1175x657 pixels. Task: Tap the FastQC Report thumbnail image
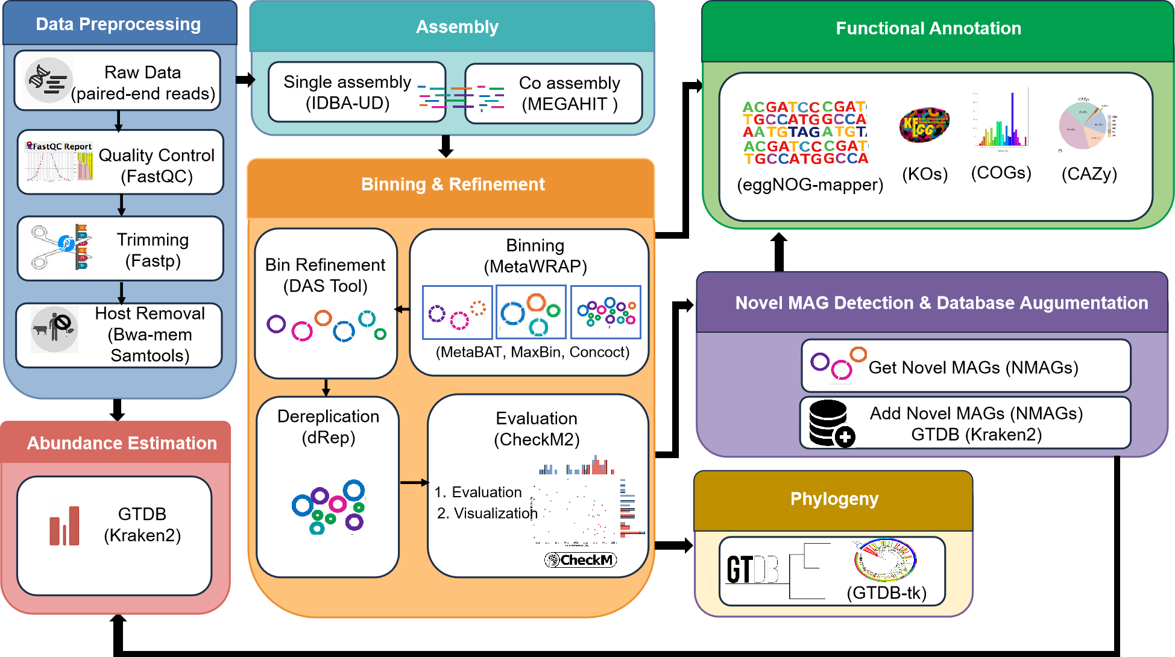pyautogui.click(x=59, y=162)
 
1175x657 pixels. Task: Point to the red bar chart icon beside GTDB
pyautogui.click(x=65, y=526)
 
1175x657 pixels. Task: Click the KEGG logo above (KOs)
pyautogui.click(x=924, y=125)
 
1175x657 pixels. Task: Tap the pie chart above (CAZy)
pyautogui.click(x=1083, y=125)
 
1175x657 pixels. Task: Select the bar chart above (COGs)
pyautogui.click(x=1001, y=121)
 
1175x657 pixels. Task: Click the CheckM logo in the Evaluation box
pyautogui.click(x=580, y=560)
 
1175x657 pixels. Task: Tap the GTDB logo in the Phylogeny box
pyautogui.click(x=752, y=569)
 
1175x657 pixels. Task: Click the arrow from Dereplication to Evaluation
pyautogui.click(x=414, y=483)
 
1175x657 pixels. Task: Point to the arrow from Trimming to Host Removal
pyautogui.click(x=122, y=292)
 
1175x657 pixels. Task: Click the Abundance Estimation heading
pyautogui.click(x=122, y=443)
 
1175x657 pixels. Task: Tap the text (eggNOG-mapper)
pyautogui.click(x=810, y=184)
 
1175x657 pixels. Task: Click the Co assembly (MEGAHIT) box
pyautogui.click(x=553, y=93)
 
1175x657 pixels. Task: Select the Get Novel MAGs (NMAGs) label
pyautogui.click(x=973, y=368)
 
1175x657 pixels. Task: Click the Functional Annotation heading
pyautogui.click(x=928, y=28)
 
